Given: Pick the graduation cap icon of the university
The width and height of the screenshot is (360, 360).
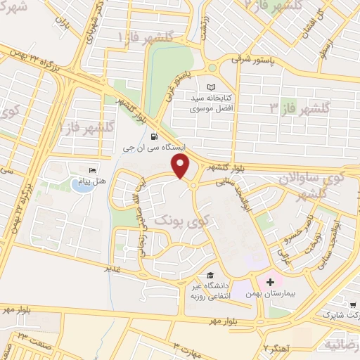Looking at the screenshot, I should (x=210, y=275).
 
